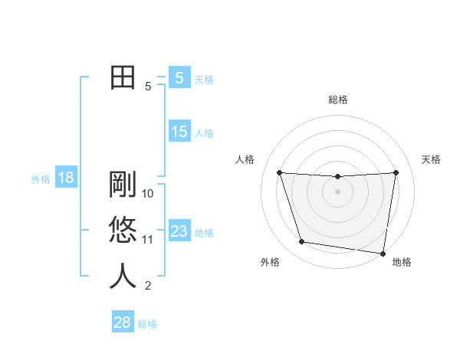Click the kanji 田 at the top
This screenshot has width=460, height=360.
[123, 77]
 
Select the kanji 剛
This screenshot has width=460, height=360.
[123, 184]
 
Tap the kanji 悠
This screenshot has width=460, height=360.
[123, 230]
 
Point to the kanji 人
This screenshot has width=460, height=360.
[123, 276]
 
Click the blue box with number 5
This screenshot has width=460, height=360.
[179, 77]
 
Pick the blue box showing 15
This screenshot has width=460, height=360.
[179, 132]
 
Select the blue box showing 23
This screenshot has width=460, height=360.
[179, 231]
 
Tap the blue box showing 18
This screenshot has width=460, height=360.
[66, 178]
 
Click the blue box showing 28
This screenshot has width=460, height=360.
[123, 322]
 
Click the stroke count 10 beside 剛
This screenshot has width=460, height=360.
[149, 194]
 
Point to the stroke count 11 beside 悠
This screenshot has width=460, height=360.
[148, 240]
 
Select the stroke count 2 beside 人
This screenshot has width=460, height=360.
[148, 286]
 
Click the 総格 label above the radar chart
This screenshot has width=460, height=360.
[338, 100]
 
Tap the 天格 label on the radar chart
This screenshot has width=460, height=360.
[432, 159]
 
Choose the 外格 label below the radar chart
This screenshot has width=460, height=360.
[270, 262]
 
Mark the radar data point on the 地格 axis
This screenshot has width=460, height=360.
[383, 253]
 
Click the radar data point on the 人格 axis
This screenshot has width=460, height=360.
[280, 172]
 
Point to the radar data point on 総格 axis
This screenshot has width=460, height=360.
[337, 177]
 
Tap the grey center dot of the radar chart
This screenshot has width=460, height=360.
[337, 191]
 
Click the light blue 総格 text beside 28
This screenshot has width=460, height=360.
[147, 324]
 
